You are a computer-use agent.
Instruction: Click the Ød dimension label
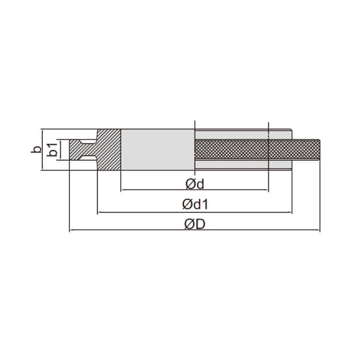(195, 184)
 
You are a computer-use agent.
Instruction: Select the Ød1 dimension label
(195, 204)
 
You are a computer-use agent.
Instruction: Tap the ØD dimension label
(195, 224)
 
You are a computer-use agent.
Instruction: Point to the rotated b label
(36, 149)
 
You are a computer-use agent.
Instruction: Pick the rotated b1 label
(52, 149)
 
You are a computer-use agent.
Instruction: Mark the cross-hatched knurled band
(257, 149)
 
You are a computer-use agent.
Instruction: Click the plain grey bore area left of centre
(158, 149)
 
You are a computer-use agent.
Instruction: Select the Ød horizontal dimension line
(195, 190)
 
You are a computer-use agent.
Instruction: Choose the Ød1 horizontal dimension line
(195, 213)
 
